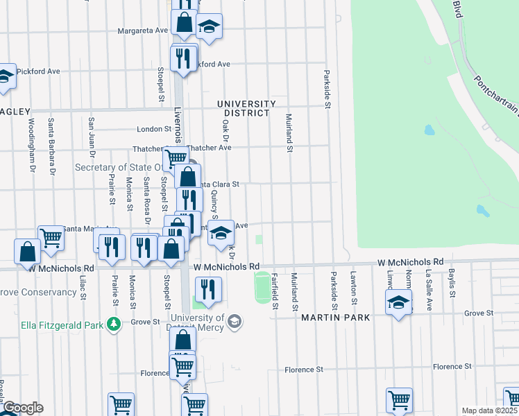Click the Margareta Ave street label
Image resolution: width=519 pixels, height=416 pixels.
pyautogui.click(x=143, y=31)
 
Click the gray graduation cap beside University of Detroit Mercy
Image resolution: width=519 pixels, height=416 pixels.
pyautogui.click(x=235, y=321)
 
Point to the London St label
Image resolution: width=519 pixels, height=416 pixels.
pyautogui.click(x=153, y=129)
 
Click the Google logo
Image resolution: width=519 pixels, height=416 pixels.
pyautogui.click(x=22, y=408)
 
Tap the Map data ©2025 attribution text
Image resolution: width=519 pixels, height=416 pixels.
pyautogui.click(x=490, y=410)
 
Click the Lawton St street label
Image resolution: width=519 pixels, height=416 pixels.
pyautogui.click(x=354, y=288)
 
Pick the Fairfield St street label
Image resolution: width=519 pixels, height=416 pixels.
pyautogui.click(x=275, y=291)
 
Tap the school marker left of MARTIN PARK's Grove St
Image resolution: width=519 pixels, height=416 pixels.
pyautogui.click(x=399, y=303)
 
